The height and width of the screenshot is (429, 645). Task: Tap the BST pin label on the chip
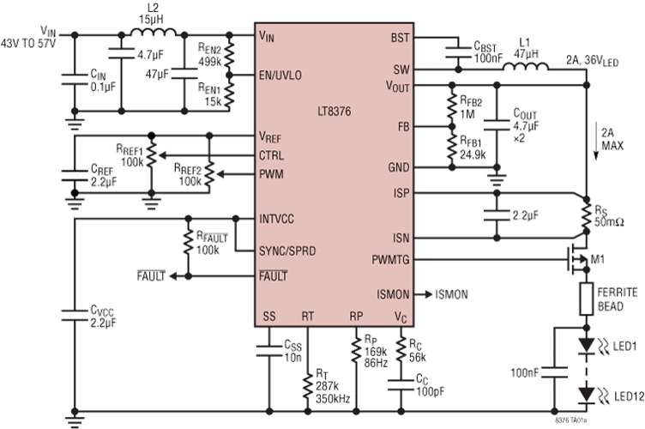pyautogui.click(x=401, y=38)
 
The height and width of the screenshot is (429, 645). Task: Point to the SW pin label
pyautogui.click(x=401, y=69)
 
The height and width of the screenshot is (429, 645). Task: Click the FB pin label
pyautogui.click(x=402, y=126)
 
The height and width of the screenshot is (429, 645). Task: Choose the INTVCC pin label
pyautogui.click(x=276, y=219)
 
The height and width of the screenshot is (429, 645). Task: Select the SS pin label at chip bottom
pyautogui.click(x=268, y=315)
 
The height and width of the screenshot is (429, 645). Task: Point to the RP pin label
pyautogui.click(x=356, y=315)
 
